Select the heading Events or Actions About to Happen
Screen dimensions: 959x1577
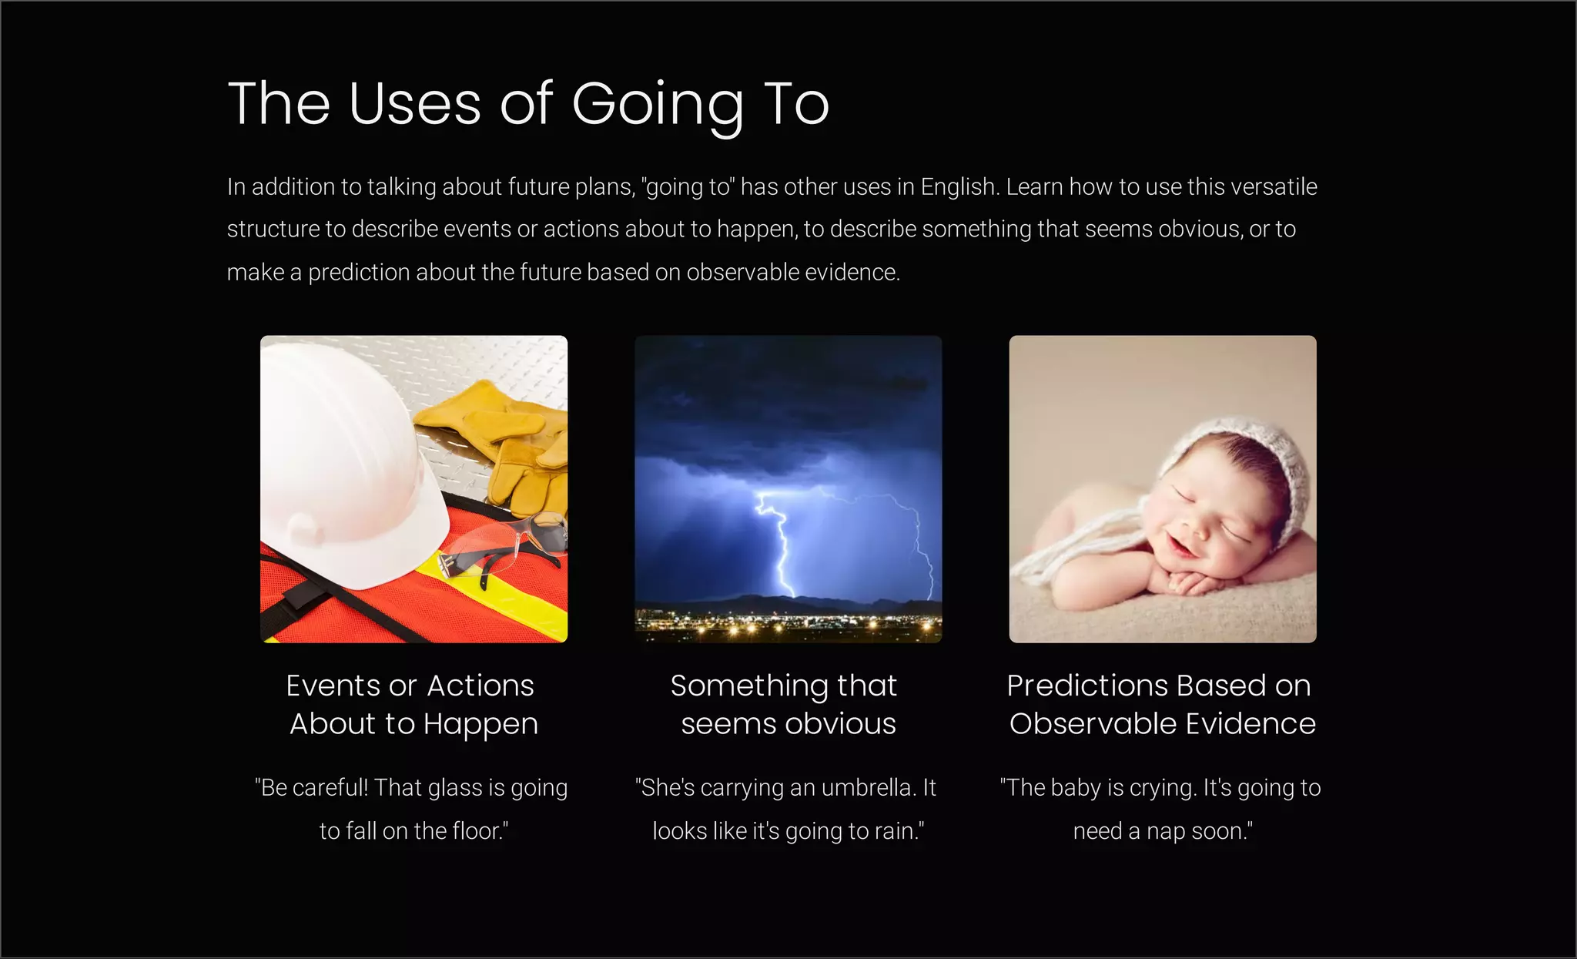tap(413, 704)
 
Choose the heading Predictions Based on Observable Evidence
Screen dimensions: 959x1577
tap(1161, 704)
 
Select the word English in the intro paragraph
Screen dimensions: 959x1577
tap(959, 187)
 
